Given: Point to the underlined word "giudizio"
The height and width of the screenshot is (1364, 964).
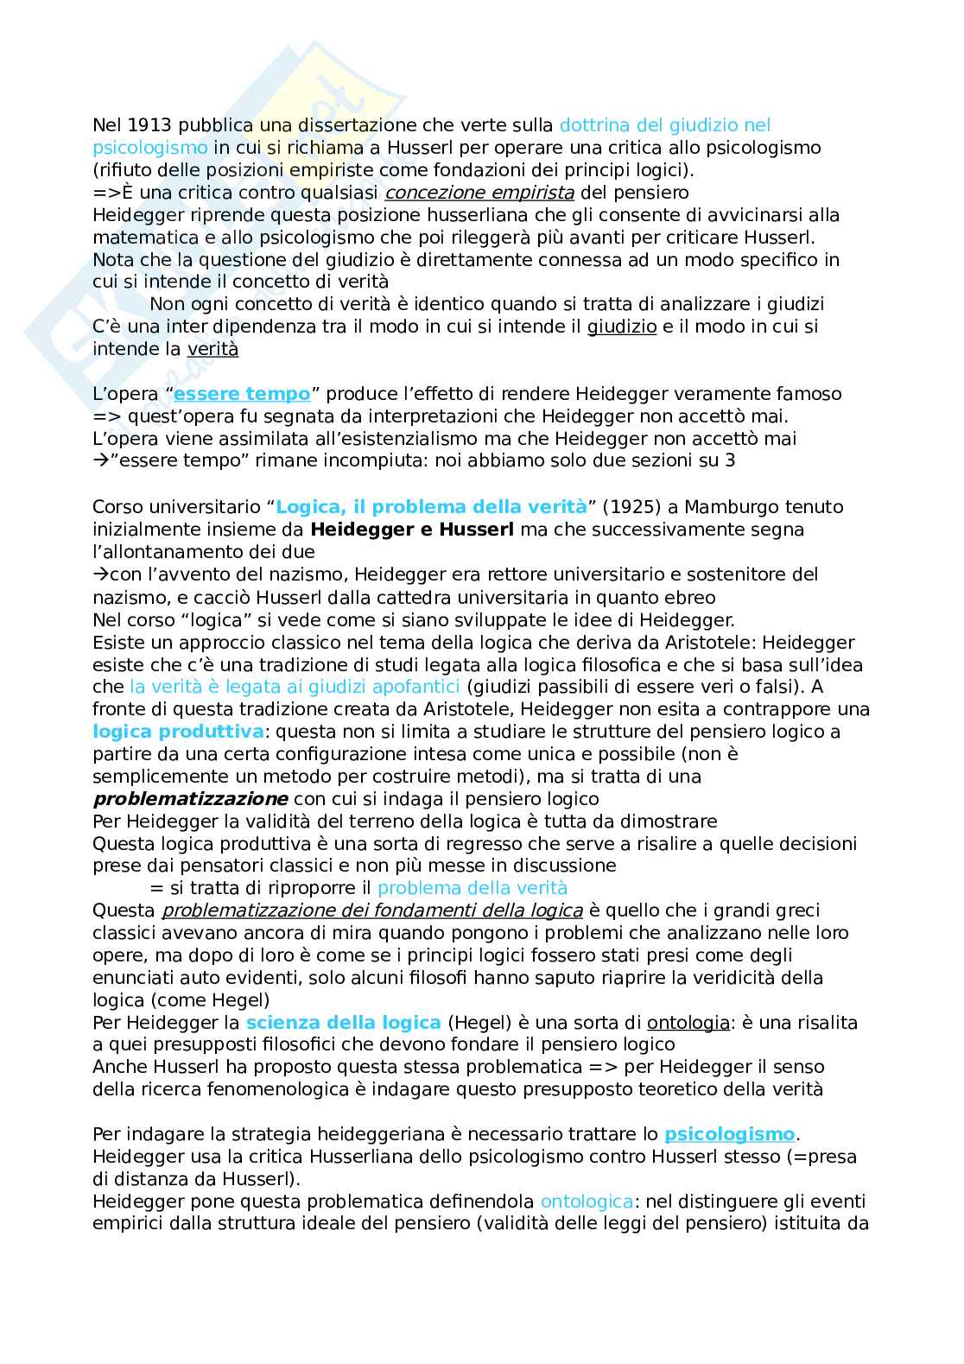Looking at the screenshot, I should (622, 327).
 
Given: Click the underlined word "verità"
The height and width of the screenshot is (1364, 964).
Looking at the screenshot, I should (212, 350).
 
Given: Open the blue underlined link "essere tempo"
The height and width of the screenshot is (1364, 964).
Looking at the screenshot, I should (242, 395).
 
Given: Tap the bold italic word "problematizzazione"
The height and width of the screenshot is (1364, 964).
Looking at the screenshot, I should (190, 799).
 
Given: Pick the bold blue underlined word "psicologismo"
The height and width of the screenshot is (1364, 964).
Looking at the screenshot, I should (729, 1134).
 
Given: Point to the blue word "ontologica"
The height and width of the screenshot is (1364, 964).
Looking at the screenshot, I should (587, 1202).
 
